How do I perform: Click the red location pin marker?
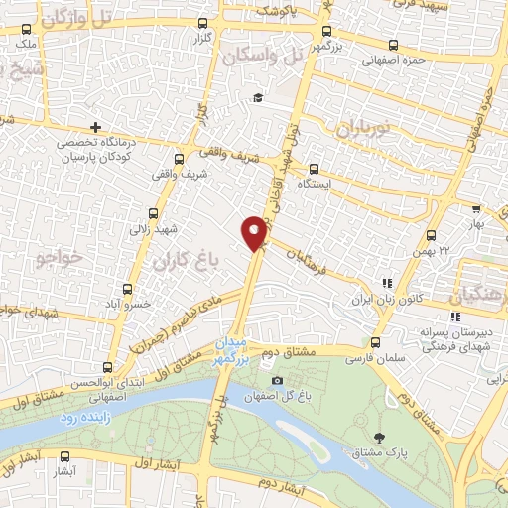[x=255, y=232]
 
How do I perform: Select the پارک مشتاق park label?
[x=381, y=452]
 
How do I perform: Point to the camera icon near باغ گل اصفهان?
[x=277, y=381]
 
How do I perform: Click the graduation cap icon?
[x=258, y=97]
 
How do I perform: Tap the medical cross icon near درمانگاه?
[x=95, y=127]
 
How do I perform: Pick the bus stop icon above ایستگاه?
[x=314, y=168]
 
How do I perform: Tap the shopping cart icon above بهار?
[x=476, y=210]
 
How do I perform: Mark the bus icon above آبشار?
[x=66, y=457]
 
